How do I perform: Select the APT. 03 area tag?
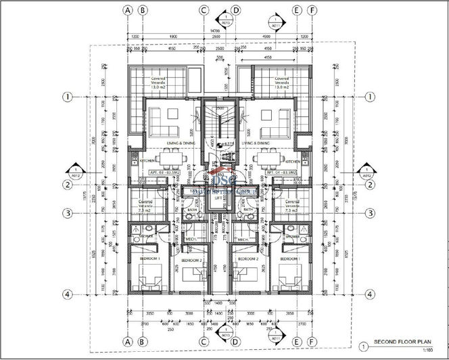162,173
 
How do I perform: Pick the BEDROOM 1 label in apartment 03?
149,259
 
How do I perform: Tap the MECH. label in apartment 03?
192,239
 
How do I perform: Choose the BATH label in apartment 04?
248,210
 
